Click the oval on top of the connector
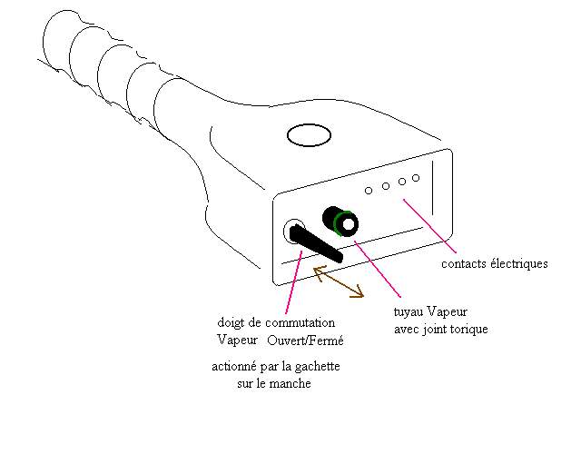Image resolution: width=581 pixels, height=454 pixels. (310, 136)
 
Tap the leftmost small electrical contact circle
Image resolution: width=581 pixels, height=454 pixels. (369, 191)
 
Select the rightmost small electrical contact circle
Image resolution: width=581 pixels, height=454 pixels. (416, 178)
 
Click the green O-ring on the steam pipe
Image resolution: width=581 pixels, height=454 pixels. (345, 223)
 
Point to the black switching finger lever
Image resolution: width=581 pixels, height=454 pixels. (318, 245)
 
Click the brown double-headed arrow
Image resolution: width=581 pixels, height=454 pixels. (339, 282)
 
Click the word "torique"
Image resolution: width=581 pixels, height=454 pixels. (468, 329)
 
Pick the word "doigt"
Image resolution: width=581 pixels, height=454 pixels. (232, 323)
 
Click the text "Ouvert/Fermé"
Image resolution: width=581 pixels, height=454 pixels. (306, 340)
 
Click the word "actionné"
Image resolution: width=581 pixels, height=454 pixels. (235, 367)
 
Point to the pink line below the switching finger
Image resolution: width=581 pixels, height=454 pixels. (291, 281)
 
